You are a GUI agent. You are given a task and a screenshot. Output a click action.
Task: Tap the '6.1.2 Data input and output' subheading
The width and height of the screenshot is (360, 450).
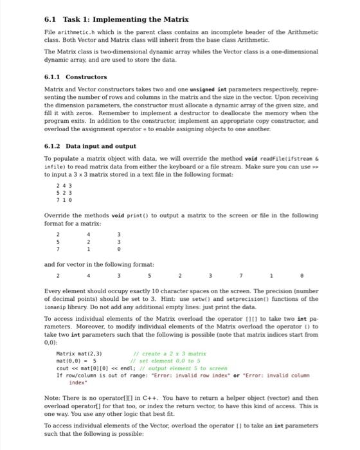pos(90,145)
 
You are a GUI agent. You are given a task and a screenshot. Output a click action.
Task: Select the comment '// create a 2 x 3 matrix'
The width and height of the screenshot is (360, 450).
pos(169,354)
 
